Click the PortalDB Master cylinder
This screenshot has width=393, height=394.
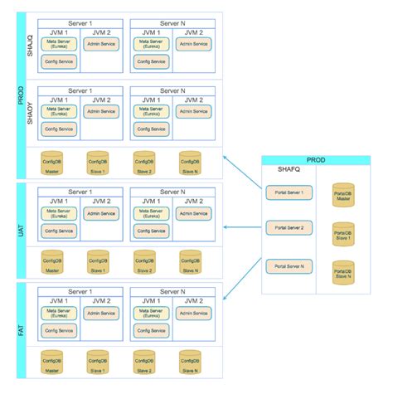[x=342, y=195]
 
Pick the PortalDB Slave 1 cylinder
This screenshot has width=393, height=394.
[x=342, y=235]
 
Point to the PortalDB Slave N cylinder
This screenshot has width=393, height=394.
[x=342, y=274]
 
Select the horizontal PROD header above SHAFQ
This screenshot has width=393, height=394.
[x=316, y=158]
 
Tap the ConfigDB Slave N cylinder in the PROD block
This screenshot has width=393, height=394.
[x=190, y=162]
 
